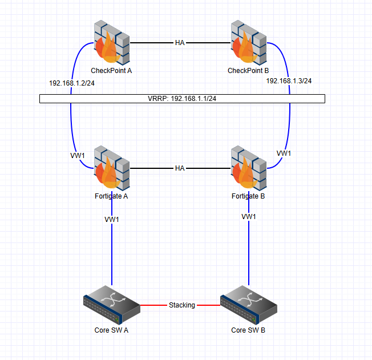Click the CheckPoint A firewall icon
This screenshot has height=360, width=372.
(x=111, y=42)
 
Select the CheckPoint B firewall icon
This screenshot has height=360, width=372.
(x=248, y=42)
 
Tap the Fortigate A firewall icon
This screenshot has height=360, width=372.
(x=111, y=168)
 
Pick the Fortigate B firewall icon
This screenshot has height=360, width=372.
(x=248, y=168)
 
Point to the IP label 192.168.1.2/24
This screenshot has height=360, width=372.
(x=72, y=83)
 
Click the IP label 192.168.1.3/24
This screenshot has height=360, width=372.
(x=289, y=81)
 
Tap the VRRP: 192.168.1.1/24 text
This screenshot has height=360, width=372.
(x=182, y=99)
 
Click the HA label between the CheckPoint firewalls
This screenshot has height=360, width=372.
(x=180, y=42)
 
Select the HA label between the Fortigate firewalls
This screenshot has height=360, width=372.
(x=180, y=168)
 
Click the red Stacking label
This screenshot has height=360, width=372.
(x=181, y=305)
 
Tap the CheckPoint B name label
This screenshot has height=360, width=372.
(x=248, y=70)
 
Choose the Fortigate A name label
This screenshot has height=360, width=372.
(x=111, y=196)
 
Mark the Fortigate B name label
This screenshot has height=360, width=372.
(x=248, y=196)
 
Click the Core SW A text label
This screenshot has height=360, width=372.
(x=111, y=330)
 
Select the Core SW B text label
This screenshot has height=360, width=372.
(x=248, y=330)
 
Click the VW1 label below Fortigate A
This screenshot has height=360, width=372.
(x=112, y=220)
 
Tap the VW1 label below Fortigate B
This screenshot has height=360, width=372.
(x=249, y=217)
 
